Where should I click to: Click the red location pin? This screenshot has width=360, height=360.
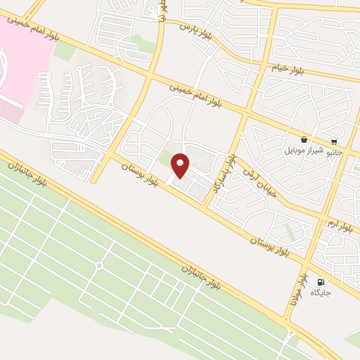[x=181, y=165]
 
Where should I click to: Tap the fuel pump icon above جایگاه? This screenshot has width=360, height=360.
[x=321, y=281]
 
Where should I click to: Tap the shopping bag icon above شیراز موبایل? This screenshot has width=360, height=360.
[x=303, y=140]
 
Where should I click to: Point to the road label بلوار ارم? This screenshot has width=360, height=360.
[x=339, y=225]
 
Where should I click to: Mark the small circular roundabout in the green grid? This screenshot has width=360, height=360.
[x=99, y=266]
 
